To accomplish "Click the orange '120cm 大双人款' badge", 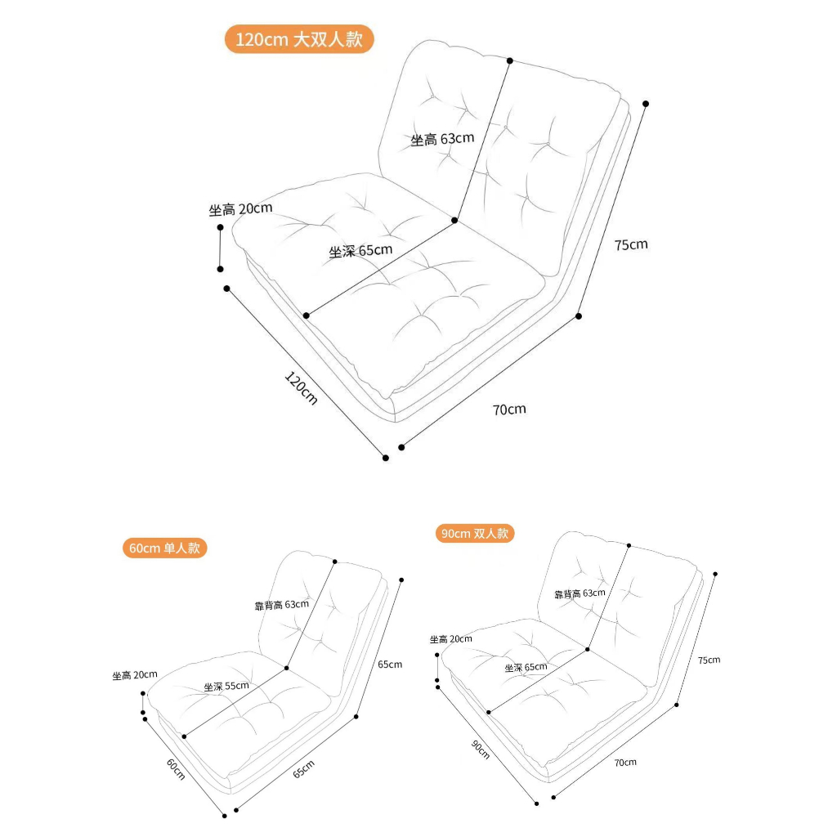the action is pyautogui.click(x=299, y=39).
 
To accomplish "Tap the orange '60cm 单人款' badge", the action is pyautogui.click(x=164, y=548).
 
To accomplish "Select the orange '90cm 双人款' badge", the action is pyautogui.click(x=475, y=533).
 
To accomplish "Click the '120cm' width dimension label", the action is pyautogui.click(x=301, y=388).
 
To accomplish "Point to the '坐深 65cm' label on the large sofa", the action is pyautogui.click(x=360, y=250).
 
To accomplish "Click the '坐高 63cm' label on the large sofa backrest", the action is pyautogui.click(x=442, y=139).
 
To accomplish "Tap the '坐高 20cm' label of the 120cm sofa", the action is pyautogui.click(x=240, y=208).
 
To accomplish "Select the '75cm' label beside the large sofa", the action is pyautogui.click(x=631, y=244).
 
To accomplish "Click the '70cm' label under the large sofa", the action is pyautogui.click(x=509, y=410).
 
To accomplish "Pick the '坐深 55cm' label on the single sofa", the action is pyautogui.click(x=226, y=686).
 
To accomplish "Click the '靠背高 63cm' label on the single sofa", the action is pyautogui.click(x=281, y=605).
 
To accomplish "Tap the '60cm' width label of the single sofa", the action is pyautogui.click(x=176, y=769).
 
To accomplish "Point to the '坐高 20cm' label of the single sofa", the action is pyautogui.click(x=135, y=674).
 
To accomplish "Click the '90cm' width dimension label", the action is pyautogui.click(x=481, y=749).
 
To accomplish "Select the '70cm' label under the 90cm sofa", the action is pyautogui.click(x=625, y=763).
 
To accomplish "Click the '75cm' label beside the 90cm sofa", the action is pyautogui.click(x=709, y=660).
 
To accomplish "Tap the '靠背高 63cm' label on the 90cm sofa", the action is pyautogui.click(x=580, y=593).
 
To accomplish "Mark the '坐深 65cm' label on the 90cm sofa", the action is pyautogui.click(x=526, y=667).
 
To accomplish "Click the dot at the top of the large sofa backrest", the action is pyautogui.click(x=510, y=60).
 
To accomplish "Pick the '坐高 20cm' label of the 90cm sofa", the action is pyautogui.click(x=451, y=639).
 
